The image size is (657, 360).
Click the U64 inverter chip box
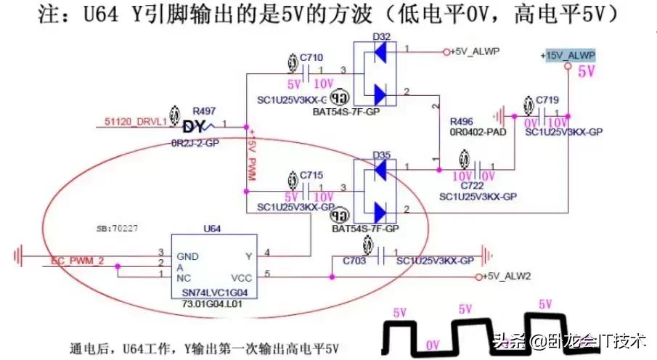215,266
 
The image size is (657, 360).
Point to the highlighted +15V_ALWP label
568,56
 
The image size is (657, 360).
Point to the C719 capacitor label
547,99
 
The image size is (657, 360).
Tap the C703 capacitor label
355,259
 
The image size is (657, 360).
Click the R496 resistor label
462,121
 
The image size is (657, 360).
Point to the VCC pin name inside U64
241,277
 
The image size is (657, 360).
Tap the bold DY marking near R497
195,127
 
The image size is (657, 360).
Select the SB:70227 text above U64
117,228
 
